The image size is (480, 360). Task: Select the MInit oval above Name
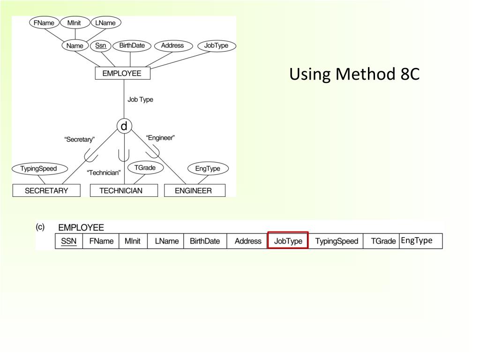pos(75,22)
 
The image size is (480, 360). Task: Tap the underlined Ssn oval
pos(100,45)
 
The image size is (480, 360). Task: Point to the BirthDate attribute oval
pos(132,45)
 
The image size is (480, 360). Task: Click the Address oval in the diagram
pos(172,45)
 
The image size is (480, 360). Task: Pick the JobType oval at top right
pos(216,45)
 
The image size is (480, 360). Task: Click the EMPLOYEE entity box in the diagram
pos(121,74)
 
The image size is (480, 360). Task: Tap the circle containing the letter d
pos(124,126)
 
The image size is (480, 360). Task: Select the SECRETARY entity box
pos(46,190)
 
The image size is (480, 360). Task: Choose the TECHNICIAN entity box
pos(121,190)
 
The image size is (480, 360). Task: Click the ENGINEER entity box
pos(193,190)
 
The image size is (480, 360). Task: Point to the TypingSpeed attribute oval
pos(38,169)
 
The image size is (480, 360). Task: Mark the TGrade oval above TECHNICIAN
pos(145,167)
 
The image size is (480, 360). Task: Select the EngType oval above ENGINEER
pos(208,169)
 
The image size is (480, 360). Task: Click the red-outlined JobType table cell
pos(288,240)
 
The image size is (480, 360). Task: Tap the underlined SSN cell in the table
pos(69,241)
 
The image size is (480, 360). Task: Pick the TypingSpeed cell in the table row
pos(336,241)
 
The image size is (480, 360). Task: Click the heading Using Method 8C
pos(354,74)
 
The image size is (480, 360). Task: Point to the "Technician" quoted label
pos(104,172)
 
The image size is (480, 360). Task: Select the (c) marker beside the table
pos(40,227)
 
